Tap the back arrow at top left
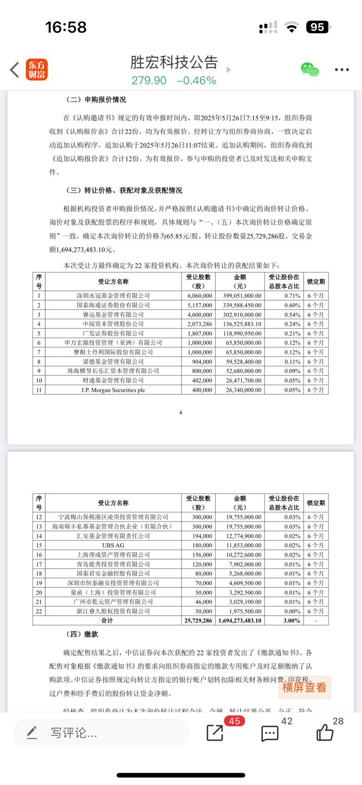click(x=15, y=70)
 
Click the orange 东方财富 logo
click(x=37, y=70)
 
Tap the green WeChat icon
click(x=310, y=70)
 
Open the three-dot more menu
click(x=342, y=70)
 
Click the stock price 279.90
click(x=149, y=81)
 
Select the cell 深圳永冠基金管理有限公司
click(x=113, y=296)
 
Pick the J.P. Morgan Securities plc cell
click(x=113, y=390)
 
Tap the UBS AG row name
click(x=113, y=545)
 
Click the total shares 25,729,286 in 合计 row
click(x=198, y=620)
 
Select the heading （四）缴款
click(x=82, y=634)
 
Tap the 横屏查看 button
click(x=304, y=687)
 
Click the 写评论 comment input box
click(x=101, y=733)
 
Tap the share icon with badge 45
click(x=216, y=733)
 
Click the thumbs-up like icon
click(x=325, y=733)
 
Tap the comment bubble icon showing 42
click(x=270, y=734)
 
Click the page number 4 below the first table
click(x=181, y=413)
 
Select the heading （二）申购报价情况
click(x=96, y=99)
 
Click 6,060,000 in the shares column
click(x=200, y=296)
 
